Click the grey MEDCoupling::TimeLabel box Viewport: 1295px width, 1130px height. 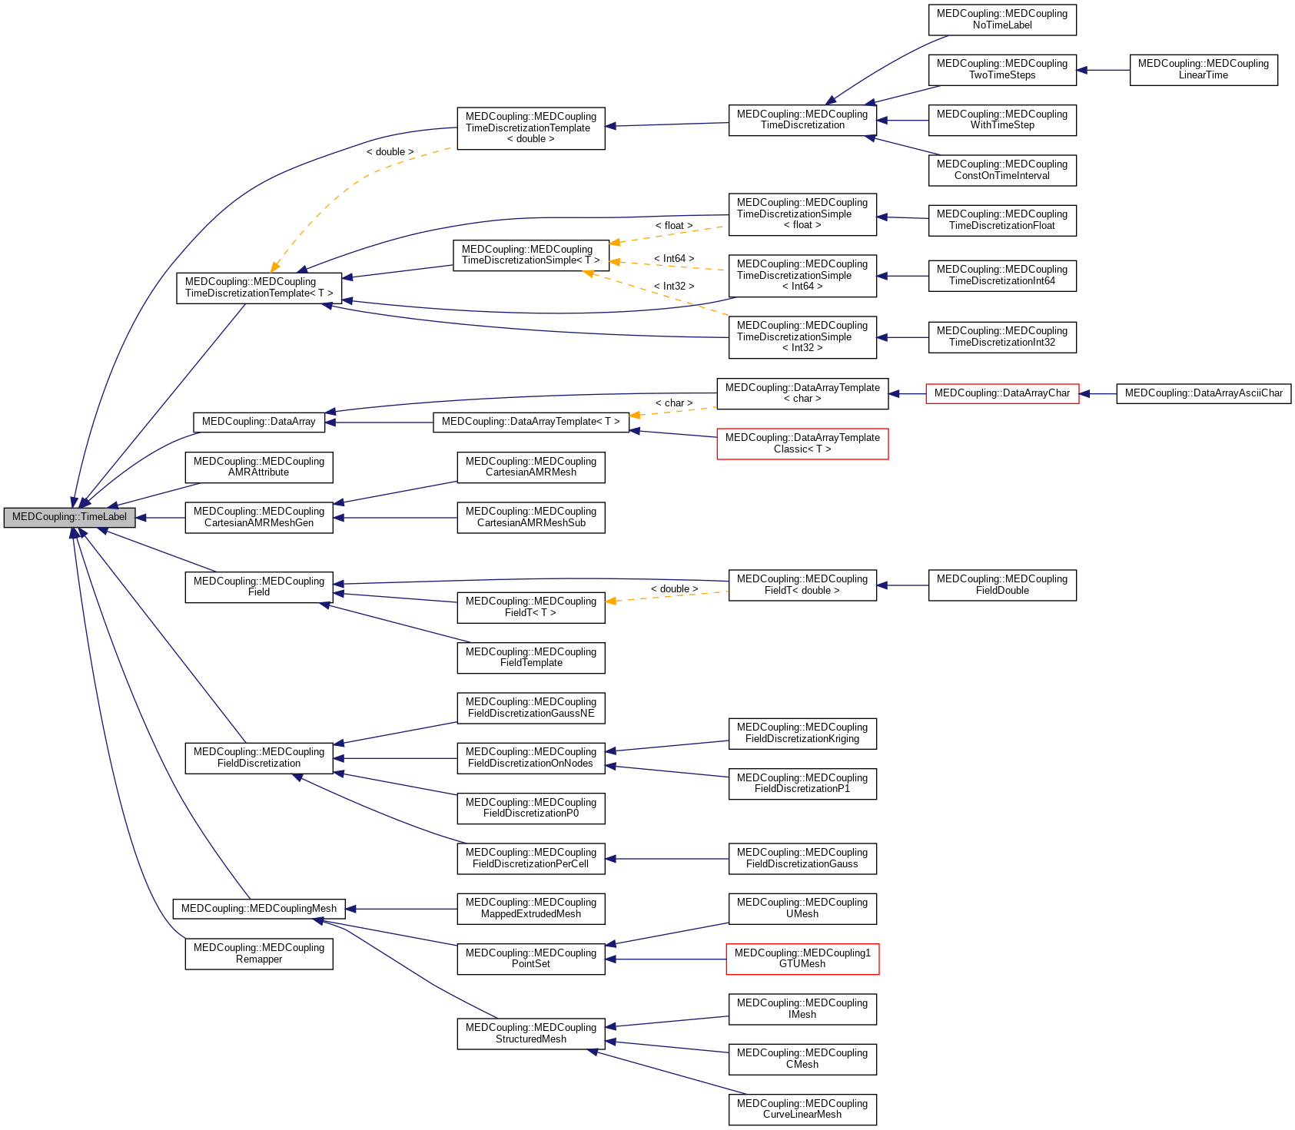[x=69, y=517]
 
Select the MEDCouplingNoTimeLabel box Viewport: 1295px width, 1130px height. [x=1002, y=20]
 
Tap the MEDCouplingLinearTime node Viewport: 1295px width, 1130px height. [x=1203, y=70]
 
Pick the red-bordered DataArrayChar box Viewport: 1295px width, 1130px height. [x=1001, y=393]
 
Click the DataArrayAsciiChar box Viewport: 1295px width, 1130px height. [x=1204, y=393]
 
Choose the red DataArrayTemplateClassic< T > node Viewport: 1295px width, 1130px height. [x=802, y=444]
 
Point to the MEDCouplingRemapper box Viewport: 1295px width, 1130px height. [x=259, y=954]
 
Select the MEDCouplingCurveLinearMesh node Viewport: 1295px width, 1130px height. [x=802, y=1109]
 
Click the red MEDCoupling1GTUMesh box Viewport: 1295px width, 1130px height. [x=802, y=959]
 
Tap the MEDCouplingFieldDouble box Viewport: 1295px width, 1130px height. [x=1002, y=585]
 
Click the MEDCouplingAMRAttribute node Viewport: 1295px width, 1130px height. [x=259, y=467]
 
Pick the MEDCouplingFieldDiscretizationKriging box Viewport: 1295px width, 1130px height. [x=802, y=734]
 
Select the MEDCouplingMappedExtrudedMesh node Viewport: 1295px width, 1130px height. [x=531, y=909]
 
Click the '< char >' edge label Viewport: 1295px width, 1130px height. [x=674, y=403]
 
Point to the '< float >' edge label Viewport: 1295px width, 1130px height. [x=674, y=226]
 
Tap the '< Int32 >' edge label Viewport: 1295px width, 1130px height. [x=674, y=287]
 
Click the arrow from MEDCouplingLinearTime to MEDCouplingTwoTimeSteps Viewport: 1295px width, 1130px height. [x=1103, y=71]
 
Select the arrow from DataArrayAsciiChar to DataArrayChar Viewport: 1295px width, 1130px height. [x=1097, y=394]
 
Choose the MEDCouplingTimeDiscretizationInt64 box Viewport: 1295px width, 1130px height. [x=1002, y=276]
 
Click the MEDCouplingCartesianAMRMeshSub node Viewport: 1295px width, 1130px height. [x=531, y=518]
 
